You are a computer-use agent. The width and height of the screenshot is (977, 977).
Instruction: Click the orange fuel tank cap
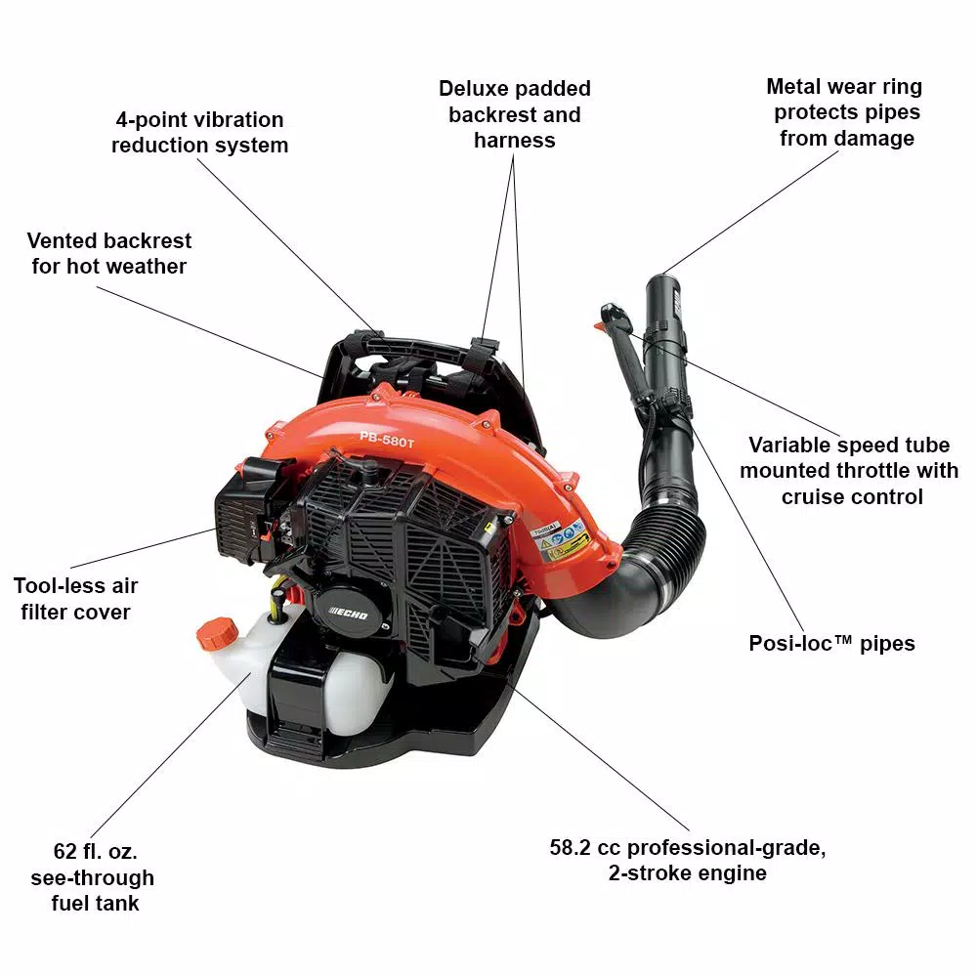pyautogui.click(x=217, y=634)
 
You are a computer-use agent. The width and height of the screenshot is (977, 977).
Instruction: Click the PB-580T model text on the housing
pyautogui.click(x=386, y=438)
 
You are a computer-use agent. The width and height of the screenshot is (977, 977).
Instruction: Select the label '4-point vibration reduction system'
pyautogui.click(x=199, y=133)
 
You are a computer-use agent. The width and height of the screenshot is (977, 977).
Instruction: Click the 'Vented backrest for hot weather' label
pyautogui.click(x=108, y=253)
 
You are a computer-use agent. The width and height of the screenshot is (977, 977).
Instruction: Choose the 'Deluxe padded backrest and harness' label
pyautogui.click(x=514, y=114)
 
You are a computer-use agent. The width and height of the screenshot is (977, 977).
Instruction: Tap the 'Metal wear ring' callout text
pyautogui.click(x=843, y=87)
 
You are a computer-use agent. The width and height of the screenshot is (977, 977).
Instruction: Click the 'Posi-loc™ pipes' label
pyautogui.click(x=831, y=643)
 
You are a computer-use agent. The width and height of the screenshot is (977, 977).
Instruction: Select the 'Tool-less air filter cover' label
pyautogui.click(x=75, y=599)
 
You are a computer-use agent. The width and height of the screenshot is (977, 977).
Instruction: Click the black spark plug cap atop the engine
pyautogui.click(x=371, y=472)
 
